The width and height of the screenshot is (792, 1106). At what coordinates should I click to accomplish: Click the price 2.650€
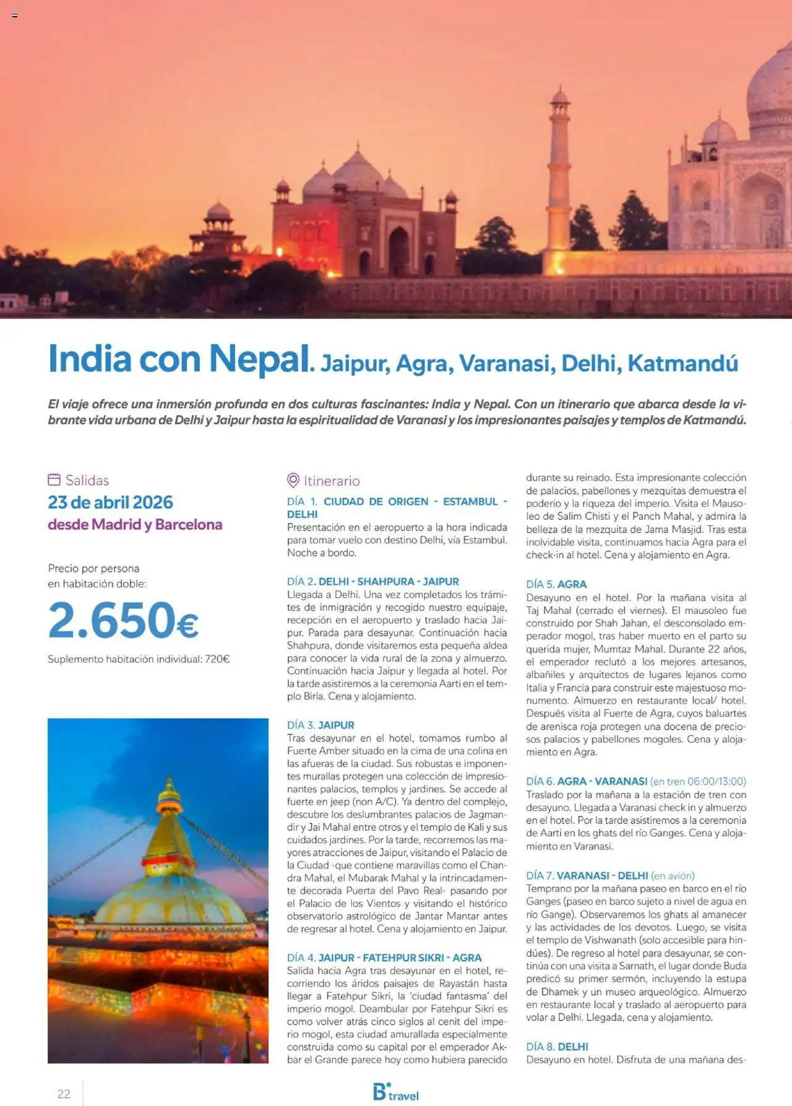tap(123, 620)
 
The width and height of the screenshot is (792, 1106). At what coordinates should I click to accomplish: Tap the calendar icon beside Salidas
tap(54, 480)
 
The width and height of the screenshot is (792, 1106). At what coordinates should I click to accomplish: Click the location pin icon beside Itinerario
tap(293, 480)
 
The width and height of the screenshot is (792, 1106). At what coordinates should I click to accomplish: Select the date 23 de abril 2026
tap(110, 502)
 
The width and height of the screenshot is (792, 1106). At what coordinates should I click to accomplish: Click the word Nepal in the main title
tap(259, 359)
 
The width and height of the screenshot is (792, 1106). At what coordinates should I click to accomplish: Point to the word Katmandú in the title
tap(682, 363)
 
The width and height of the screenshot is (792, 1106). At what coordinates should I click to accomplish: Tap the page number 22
tap(64, 1094)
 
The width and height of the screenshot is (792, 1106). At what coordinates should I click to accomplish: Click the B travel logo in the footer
tap(396, 1092)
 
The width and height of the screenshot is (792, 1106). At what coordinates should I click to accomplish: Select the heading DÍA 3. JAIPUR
tap(321, 725)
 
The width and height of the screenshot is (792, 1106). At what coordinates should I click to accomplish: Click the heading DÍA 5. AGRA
tap(556, 584)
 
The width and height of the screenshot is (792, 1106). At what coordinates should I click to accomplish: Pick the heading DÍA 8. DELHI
tap(557, 1047)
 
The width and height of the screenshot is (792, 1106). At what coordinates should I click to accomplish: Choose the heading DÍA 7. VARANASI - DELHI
tap(587, 875)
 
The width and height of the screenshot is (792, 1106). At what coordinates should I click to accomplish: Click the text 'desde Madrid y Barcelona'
tap(135, 524)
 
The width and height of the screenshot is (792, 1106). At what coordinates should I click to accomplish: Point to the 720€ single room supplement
tap(217, 659)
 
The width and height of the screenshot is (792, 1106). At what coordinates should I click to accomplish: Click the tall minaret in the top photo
tap(559, 167)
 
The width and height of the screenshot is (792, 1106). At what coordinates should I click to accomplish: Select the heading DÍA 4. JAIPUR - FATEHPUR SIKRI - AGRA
tap(384, 957)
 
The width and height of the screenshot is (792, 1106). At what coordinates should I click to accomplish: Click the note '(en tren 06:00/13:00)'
tap(698, 781)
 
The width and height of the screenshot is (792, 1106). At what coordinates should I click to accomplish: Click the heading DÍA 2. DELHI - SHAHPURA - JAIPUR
tap(372, 581)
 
